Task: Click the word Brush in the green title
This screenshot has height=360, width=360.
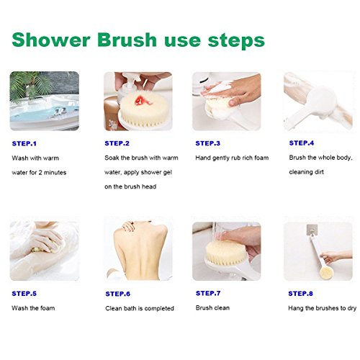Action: [127, 40]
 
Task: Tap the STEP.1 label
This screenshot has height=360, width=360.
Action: [24, 143]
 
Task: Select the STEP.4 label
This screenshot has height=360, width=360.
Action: [302, 143]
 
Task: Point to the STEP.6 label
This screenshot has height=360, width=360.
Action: [118, 294]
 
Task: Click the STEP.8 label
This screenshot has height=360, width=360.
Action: [300, 294]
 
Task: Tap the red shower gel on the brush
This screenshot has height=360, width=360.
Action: [143, 101]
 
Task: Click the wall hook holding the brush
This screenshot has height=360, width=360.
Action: [312, 230]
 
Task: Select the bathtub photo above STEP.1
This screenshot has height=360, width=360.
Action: [45, 101]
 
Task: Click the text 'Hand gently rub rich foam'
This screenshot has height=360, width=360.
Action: [232, 158]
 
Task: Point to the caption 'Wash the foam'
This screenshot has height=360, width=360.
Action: [33, 308]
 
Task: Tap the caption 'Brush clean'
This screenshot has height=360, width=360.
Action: [212, 307]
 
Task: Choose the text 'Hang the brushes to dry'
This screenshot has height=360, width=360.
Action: [322, 308]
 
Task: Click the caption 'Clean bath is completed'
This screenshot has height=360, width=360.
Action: [140, 308]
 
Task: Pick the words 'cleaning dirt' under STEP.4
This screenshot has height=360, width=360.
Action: [306, 172]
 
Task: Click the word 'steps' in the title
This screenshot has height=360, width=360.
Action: [236, 41]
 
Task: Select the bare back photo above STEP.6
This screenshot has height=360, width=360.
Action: [138, 251]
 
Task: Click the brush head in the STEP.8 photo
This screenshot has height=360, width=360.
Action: [326, 274]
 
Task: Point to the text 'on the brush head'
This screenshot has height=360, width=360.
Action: [130, 186]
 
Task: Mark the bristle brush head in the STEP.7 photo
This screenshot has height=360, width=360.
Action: [225, 253]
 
